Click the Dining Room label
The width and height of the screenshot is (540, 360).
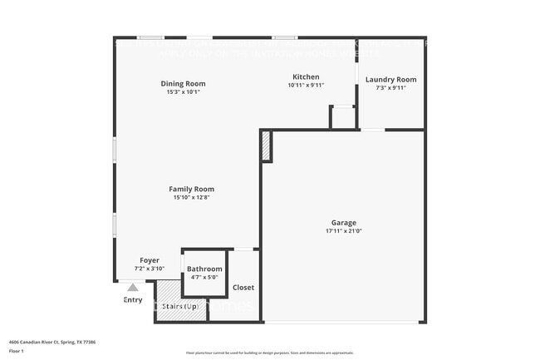183,83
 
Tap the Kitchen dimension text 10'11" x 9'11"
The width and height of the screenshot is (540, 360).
306,85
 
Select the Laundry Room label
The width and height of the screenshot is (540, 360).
390,79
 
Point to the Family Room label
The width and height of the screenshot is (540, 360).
192,189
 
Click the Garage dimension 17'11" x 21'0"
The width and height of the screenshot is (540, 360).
344,231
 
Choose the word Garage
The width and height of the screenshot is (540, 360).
344,222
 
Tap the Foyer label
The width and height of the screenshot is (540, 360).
150,260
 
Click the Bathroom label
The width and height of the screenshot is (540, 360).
204,269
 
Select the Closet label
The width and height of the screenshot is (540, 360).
243,287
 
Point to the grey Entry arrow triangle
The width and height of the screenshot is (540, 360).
133,287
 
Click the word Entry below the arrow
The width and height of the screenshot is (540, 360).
133,299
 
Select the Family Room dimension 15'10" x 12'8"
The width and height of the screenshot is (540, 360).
192,197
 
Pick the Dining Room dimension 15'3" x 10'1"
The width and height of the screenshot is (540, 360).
183,91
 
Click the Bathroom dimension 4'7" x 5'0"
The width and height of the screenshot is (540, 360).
204,277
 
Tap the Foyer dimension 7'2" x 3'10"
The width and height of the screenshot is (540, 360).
150,269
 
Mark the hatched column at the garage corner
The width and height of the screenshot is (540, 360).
266,148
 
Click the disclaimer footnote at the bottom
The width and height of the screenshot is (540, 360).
269,353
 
